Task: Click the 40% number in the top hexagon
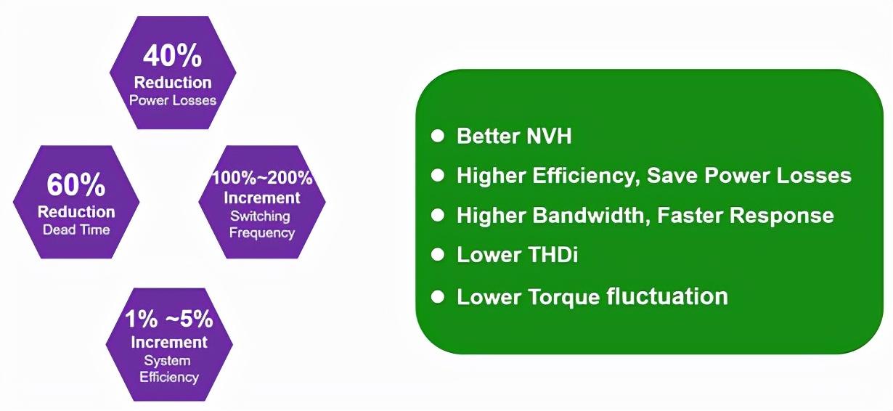click(x=172, y=56)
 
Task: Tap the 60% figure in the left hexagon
click(x=76, y=184)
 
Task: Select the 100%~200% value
click(x=262, y=178)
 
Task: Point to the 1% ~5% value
click(x=169, y=319)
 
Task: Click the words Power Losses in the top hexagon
click(x=173, y=100)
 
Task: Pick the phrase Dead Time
click(x=76, y=229)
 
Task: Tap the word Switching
click(x=260, y=216)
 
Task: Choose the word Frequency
click(x=262, y=233)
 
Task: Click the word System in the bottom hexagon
click(x=167, y=361)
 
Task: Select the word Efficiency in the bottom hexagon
click(x=169, y=377)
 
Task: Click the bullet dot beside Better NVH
click(x=438, y=136)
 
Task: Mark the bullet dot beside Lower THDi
click(x=438, y=254)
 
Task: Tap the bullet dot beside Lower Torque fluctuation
click(x=438, y=296)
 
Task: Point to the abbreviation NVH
click(x=549, y=136)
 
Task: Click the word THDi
click(x=552, y=254)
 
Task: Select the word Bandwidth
click(x=588, y=215)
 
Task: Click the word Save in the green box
click(x=672, y=176)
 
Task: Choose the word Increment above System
click(x=169, y=343)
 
